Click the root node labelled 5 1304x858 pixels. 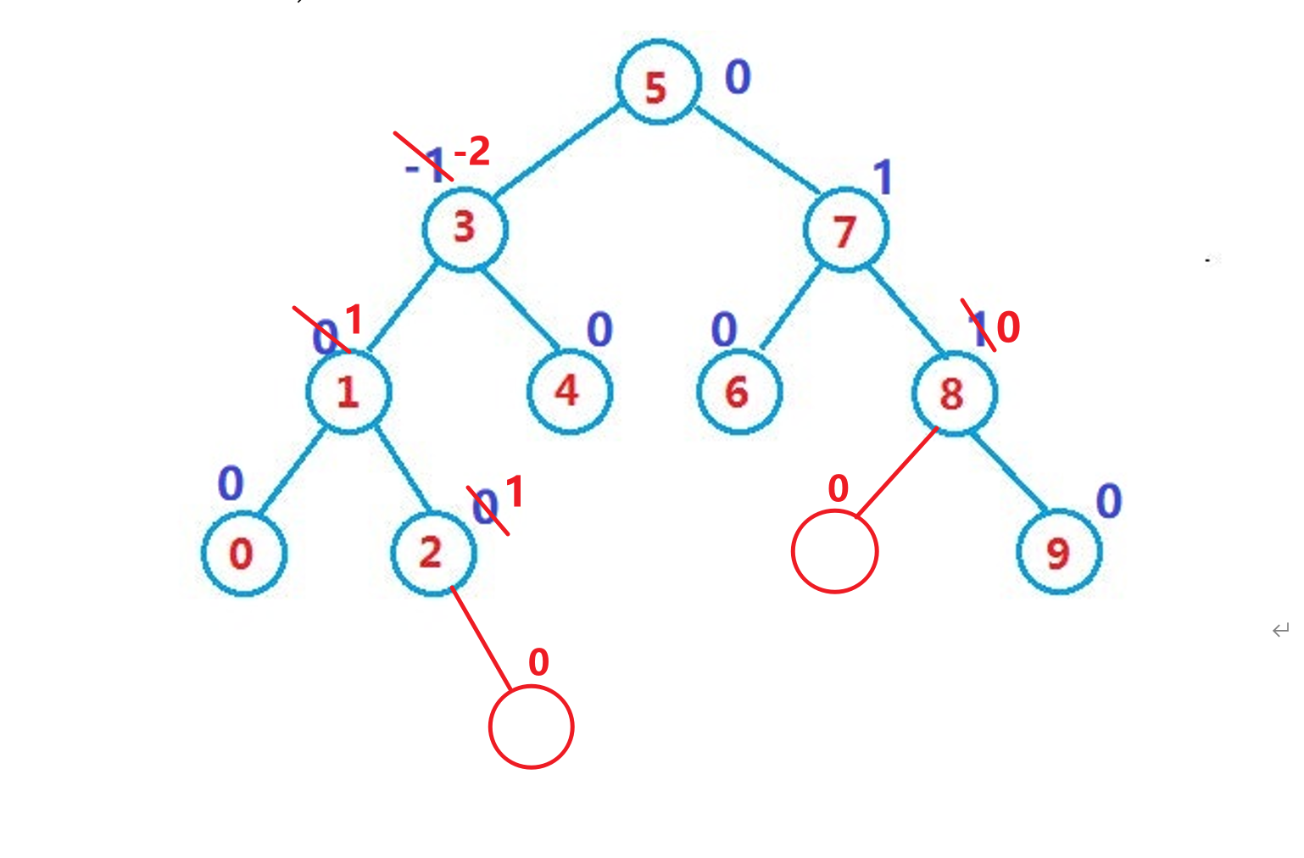[658, 82]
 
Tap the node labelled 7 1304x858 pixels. [845, 230]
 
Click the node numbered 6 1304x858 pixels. [738, 392]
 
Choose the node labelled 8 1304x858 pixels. [955, 393]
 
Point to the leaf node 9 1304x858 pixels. [1059, 552]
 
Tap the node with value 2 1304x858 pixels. [433, 553]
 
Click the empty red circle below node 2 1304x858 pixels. [532, 727]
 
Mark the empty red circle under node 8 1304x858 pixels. [834, 551]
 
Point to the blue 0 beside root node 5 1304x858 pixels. [738, 77]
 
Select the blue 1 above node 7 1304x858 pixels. [883, 178]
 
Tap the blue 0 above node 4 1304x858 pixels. [599, 329]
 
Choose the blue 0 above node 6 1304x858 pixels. [724, 329]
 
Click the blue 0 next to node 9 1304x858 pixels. [1109, 500]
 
